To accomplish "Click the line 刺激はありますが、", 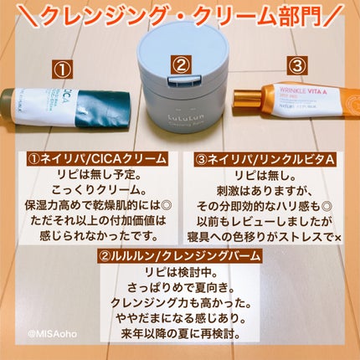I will (270, 191).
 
